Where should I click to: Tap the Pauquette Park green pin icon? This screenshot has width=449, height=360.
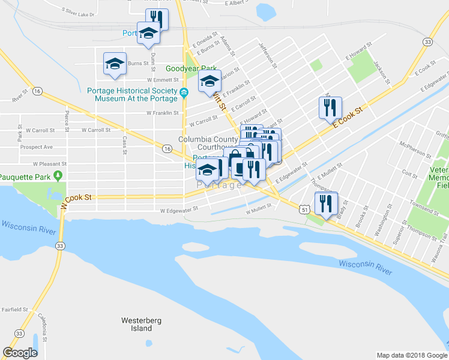pyautogui.click(x=58, y=176)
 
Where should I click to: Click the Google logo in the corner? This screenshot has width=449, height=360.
pyautogui.click(x=20, y=353)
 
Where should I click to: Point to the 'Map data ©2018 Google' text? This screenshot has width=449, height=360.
pyautogui.click(x=411, y=355)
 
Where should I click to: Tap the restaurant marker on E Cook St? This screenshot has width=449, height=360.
pyautogui.click(x=330, y=108)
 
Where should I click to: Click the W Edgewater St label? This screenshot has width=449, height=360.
pyautogui.click(x=179, y=211)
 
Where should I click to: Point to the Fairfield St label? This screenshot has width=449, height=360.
pyautogui.click(x=14, y=310)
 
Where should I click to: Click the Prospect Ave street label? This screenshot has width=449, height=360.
pyautogui.click(x=36, y=147)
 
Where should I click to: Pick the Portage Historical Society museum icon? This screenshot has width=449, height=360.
pyautogui.click(x=184, y=91)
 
